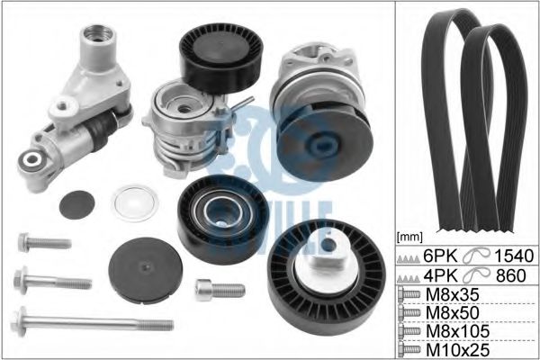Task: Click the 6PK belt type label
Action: [440, 256]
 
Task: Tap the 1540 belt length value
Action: [514, 256]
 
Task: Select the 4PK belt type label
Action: [440, 275]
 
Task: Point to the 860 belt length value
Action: [511, 275]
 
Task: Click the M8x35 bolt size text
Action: [452, 294]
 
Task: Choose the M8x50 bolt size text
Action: [452, 313]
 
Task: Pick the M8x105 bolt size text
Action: [457, 331]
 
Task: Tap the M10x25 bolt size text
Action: [457, 350]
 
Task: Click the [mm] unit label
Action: [409, 237]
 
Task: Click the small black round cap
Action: [76, 204]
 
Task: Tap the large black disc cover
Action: [145, 270]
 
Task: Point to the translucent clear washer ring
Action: [135, 203]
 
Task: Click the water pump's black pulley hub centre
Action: [323, 146]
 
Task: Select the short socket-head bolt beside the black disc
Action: [220, 290]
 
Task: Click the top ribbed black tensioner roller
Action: [221, 58]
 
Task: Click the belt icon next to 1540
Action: [476, 256]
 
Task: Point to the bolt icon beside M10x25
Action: [409, 349]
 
